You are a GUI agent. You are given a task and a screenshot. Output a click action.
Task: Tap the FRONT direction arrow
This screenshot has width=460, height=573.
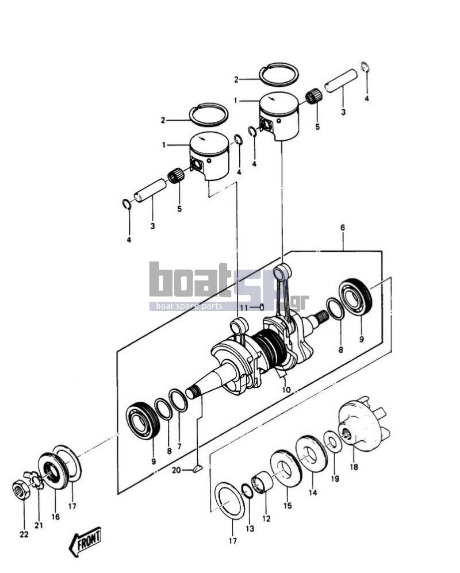coord(85,541)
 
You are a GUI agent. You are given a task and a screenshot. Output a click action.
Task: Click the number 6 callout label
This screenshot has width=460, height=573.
coord(342,227)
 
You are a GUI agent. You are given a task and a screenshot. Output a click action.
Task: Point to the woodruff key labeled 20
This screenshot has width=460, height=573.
coord(197,468)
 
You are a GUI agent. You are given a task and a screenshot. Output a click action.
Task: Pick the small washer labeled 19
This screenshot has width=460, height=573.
coord(332,441)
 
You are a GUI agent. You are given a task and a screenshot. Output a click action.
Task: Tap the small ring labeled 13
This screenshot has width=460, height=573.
coord(248,491)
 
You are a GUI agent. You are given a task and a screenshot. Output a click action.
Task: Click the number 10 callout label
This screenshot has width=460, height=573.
coord(286,390)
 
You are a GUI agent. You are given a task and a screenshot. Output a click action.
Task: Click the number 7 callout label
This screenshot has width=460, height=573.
coord(179,446)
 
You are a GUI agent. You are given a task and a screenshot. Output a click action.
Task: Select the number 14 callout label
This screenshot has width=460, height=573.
coord(312,493)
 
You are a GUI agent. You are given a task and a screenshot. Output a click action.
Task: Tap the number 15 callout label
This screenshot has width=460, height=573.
coord(287,506)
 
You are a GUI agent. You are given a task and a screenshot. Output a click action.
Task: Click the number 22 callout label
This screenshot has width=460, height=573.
coord(24,534)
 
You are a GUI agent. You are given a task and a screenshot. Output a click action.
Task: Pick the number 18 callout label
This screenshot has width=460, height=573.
coord(354,467)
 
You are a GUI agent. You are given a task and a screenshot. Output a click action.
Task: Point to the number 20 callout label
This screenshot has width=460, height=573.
coord(177,470)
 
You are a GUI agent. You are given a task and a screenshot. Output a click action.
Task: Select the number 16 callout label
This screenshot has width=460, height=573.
coord(55,517)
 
